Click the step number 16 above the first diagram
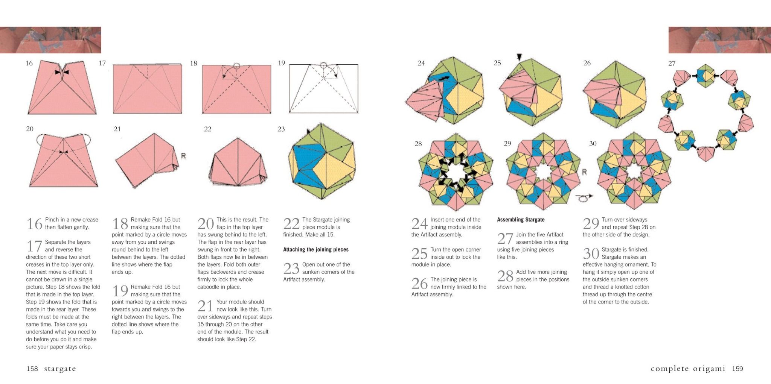pos(29,63)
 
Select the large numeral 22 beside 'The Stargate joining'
pos(291,224)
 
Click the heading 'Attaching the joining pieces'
pos(315,249)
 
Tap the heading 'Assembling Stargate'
pos(520,220)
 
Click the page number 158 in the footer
pos(32,369)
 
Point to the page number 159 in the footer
pos(737,369)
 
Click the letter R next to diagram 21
pos(183,156)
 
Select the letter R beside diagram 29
pos(584,172)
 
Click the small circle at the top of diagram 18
pos(236,66)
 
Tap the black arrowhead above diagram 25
pos(519,57)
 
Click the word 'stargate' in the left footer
pos(60,369)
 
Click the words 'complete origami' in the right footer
pos(687,369)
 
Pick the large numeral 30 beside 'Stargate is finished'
pos(591,253)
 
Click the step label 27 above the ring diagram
pos(672,64)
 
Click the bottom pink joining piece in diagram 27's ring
pos(706,153)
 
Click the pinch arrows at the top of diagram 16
pos(62,72)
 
